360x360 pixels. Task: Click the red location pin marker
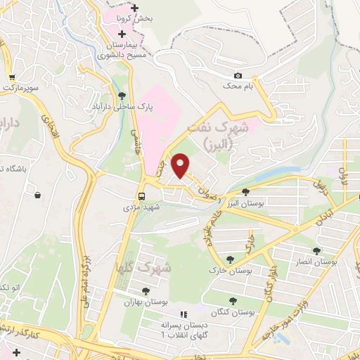point(181,165)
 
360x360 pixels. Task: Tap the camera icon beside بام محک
point(238,76)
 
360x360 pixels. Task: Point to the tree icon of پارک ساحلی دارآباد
point(123,96)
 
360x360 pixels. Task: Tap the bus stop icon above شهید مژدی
point(142,196)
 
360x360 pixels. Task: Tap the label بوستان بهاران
point(145,303)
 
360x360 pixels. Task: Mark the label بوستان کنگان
point(232,311)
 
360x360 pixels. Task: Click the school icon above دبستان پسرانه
point(184,314)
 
